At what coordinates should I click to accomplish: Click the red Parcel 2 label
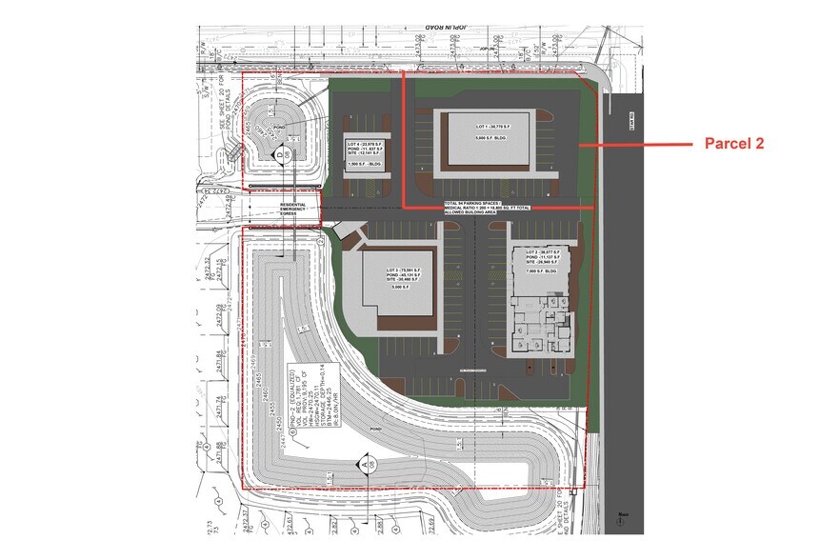pyautogui.click(x=734, y=144)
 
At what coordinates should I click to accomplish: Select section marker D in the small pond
pyautogui.click(x=281, y=150)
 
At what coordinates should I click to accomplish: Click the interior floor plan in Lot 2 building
pyautogui.click(x=538, y=329)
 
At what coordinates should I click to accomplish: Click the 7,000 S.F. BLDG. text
pyautogui.click(x=539, y=271)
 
